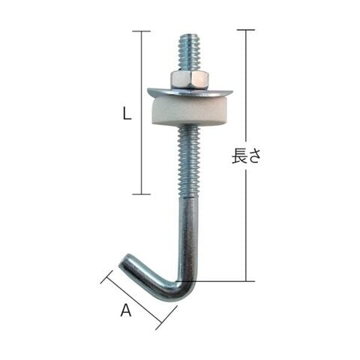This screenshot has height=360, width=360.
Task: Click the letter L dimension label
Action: pos(127,112)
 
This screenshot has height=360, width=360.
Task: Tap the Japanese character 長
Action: pos(239,156)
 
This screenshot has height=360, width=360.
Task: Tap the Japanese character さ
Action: pos(253,157)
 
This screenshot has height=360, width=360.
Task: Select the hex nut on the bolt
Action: pos(190,80)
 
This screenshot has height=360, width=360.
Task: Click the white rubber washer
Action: pos(190,112)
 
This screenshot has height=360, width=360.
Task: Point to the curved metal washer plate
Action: pos(190,92)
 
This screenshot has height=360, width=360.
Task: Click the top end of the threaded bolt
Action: pos(189,34)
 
